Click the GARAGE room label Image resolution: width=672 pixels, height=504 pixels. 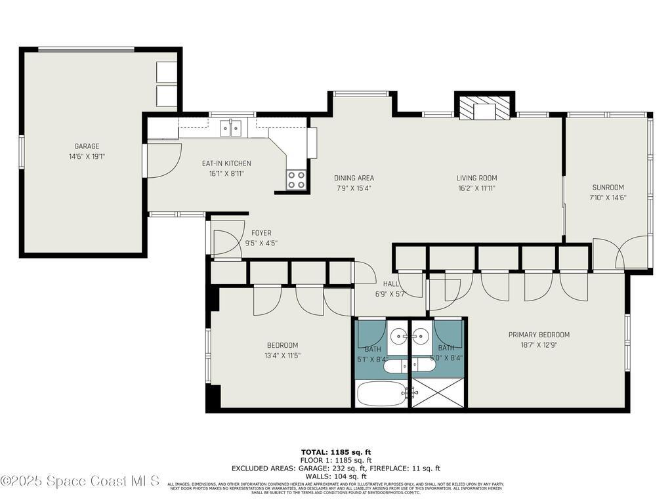pos(87,146)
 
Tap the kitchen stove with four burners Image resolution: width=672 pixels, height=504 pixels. pos(297,180)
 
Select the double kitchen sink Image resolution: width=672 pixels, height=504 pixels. pos(230,127)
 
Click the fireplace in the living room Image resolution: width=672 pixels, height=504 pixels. pos(484,108)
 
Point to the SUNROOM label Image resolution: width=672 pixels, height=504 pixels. pos(608,187)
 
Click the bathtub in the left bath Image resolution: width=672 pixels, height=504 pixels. pos(381,394)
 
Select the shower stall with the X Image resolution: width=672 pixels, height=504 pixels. pos(438,393)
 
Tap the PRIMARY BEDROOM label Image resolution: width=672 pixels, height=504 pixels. pos(539,335)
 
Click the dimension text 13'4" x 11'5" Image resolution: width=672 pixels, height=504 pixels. pos(282,356)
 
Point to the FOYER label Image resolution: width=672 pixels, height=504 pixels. pos(261,233)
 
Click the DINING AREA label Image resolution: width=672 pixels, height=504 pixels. pos(354,178)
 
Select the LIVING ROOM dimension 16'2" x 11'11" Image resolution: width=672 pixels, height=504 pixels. pos(476,188)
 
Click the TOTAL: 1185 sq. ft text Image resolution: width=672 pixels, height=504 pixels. pos(336,452)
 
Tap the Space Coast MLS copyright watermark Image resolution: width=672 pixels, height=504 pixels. pos(80,481)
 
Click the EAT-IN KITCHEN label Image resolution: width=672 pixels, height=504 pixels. pos(226,163)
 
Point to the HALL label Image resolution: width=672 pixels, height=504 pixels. pos(391,283)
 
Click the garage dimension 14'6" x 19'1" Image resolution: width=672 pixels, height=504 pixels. pos(87,157)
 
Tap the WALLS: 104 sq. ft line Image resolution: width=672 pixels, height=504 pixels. pos(336,476)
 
